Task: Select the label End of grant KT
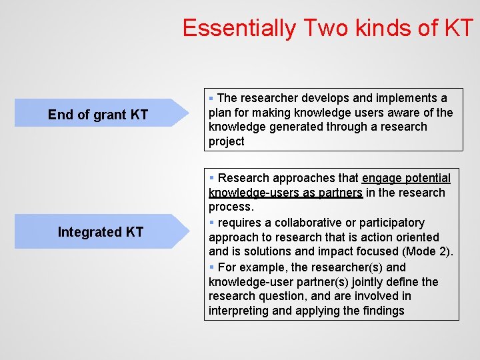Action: tap(98, 115)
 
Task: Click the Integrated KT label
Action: tap(101, 232)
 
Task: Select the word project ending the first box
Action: tap(227, 141)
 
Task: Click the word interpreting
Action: tap(239, 311)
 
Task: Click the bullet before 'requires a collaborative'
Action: tap(211, 223)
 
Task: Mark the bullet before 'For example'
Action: tap(211, 267)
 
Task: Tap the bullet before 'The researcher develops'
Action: tap(211, 98)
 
